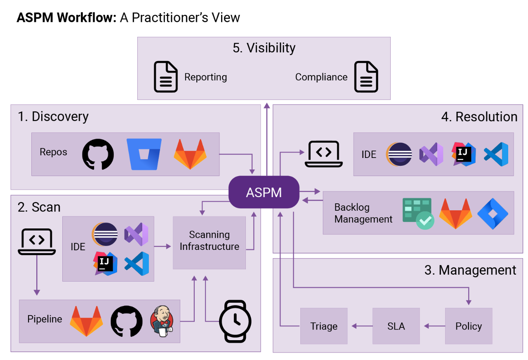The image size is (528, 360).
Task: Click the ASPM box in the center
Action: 264,192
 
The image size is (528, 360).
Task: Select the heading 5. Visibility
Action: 264,48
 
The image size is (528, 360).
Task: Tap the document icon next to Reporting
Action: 166,77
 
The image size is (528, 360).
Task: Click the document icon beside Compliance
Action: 366,77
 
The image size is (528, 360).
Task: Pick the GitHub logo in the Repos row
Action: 98,154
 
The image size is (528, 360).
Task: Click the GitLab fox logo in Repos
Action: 190,154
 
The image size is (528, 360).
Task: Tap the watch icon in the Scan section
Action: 235,321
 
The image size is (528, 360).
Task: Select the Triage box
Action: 324,326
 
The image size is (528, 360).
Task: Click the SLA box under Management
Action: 396,326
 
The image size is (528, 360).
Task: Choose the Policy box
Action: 469,326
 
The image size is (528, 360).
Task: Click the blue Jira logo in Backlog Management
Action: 493,214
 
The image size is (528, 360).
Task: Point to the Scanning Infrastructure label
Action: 210,240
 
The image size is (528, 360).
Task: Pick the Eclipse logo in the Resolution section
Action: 399,154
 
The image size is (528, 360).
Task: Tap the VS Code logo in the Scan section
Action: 137,264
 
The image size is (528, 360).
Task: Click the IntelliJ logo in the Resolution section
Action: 464,154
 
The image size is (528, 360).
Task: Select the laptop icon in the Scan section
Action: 37,241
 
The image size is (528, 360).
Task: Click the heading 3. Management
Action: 470,270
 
